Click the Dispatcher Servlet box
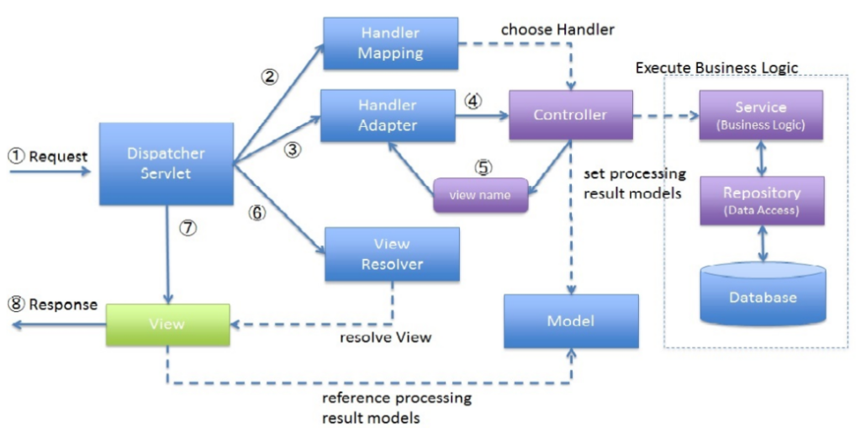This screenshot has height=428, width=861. coord(166,164)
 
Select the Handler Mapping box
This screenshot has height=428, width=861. coord(391,43)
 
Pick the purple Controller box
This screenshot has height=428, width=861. coord(570,115)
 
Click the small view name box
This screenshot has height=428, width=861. coord(479,195)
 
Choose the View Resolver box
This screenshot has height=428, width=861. coord(392,254)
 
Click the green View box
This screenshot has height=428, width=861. coord(167,325)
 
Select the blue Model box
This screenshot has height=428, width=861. coord(570,321)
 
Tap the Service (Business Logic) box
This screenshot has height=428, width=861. coord(760,115)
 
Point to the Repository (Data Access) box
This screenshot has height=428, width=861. coord(762,201)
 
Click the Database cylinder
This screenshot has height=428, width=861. coord(762,296)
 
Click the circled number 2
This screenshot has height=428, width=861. coord(269,77)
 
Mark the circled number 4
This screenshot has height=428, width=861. coord(473,101)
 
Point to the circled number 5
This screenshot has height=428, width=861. coord(483,166)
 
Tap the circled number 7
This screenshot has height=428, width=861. coord(188,229)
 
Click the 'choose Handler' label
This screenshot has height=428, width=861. coord(557,29)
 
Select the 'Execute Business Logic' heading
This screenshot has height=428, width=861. coord(716,68)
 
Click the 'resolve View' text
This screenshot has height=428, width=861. coord(385,337)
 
